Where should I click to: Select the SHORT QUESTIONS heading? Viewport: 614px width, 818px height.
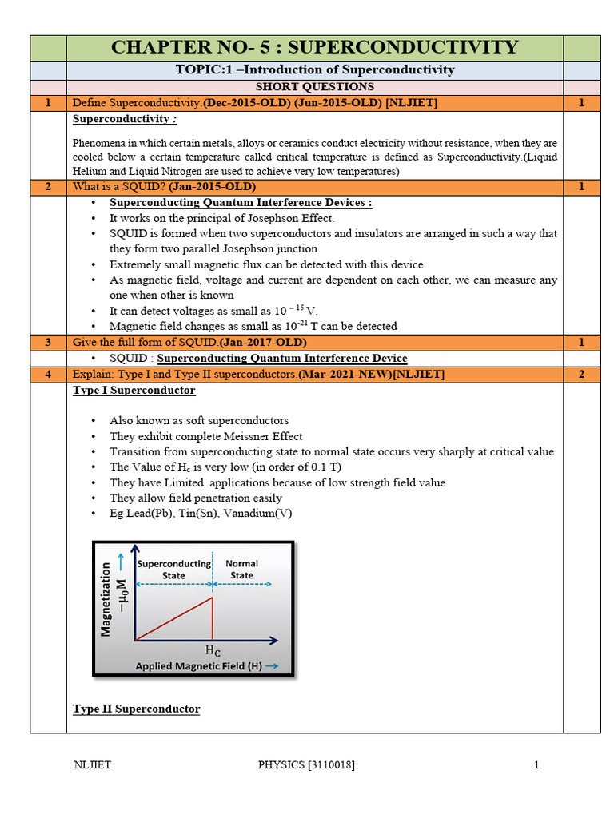(x=315, y=86)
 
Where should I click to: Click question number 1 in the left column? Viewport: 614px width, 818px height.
(x=48, y=103)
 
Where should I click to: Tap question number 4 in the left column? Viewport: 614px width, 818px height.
(x=48, y=374)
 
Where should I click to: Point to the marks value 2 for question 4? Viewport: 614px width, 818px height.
(x=581, y=374)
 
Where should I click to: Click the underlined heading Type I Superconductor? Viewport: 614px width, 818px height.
(x=134, y=391)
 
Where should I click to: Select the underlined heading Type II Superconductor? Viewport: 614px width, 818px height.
(x=136, y=709)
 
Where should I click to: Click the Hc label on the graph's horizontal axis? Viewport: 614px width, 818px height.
(x=213, y=651)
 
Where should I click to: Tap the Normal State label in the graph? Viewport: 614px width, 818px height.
(x=241, y=569)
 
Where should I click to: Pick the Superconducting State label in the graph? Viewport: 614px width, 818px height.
(x=173, y=569)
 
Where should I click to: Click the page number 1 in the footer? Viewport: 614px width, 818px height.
(x=536, y=765)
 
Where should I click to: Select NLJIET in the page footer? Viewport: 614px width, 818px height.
(x=92, y=765)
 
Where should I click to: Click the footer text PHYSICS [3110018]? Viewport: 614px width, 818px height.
(x=306, y=765)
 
